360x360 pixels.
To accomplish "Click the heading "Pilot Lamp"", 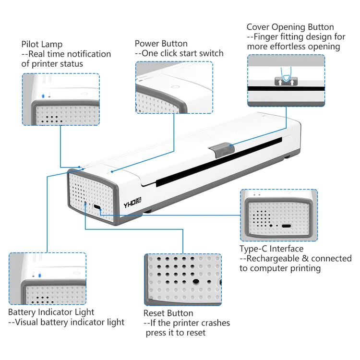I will (42, 45).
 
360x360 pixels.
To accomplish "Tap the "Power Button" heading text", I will (161, 44).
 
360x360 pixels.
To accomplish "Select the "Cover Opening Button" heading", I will (290, 27).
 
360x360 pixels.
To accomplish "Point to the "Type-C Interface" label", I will (271, 249).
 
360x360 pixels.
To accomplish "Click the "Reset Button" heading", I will (168, 313).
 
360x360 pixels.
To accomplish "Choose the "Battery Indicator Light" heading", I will (51, 312).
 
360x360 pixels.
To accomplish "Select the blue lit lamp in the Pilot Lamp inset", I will (43, 96).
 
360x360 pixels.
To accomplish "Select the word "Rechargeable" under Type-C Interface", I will (274, 258).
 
